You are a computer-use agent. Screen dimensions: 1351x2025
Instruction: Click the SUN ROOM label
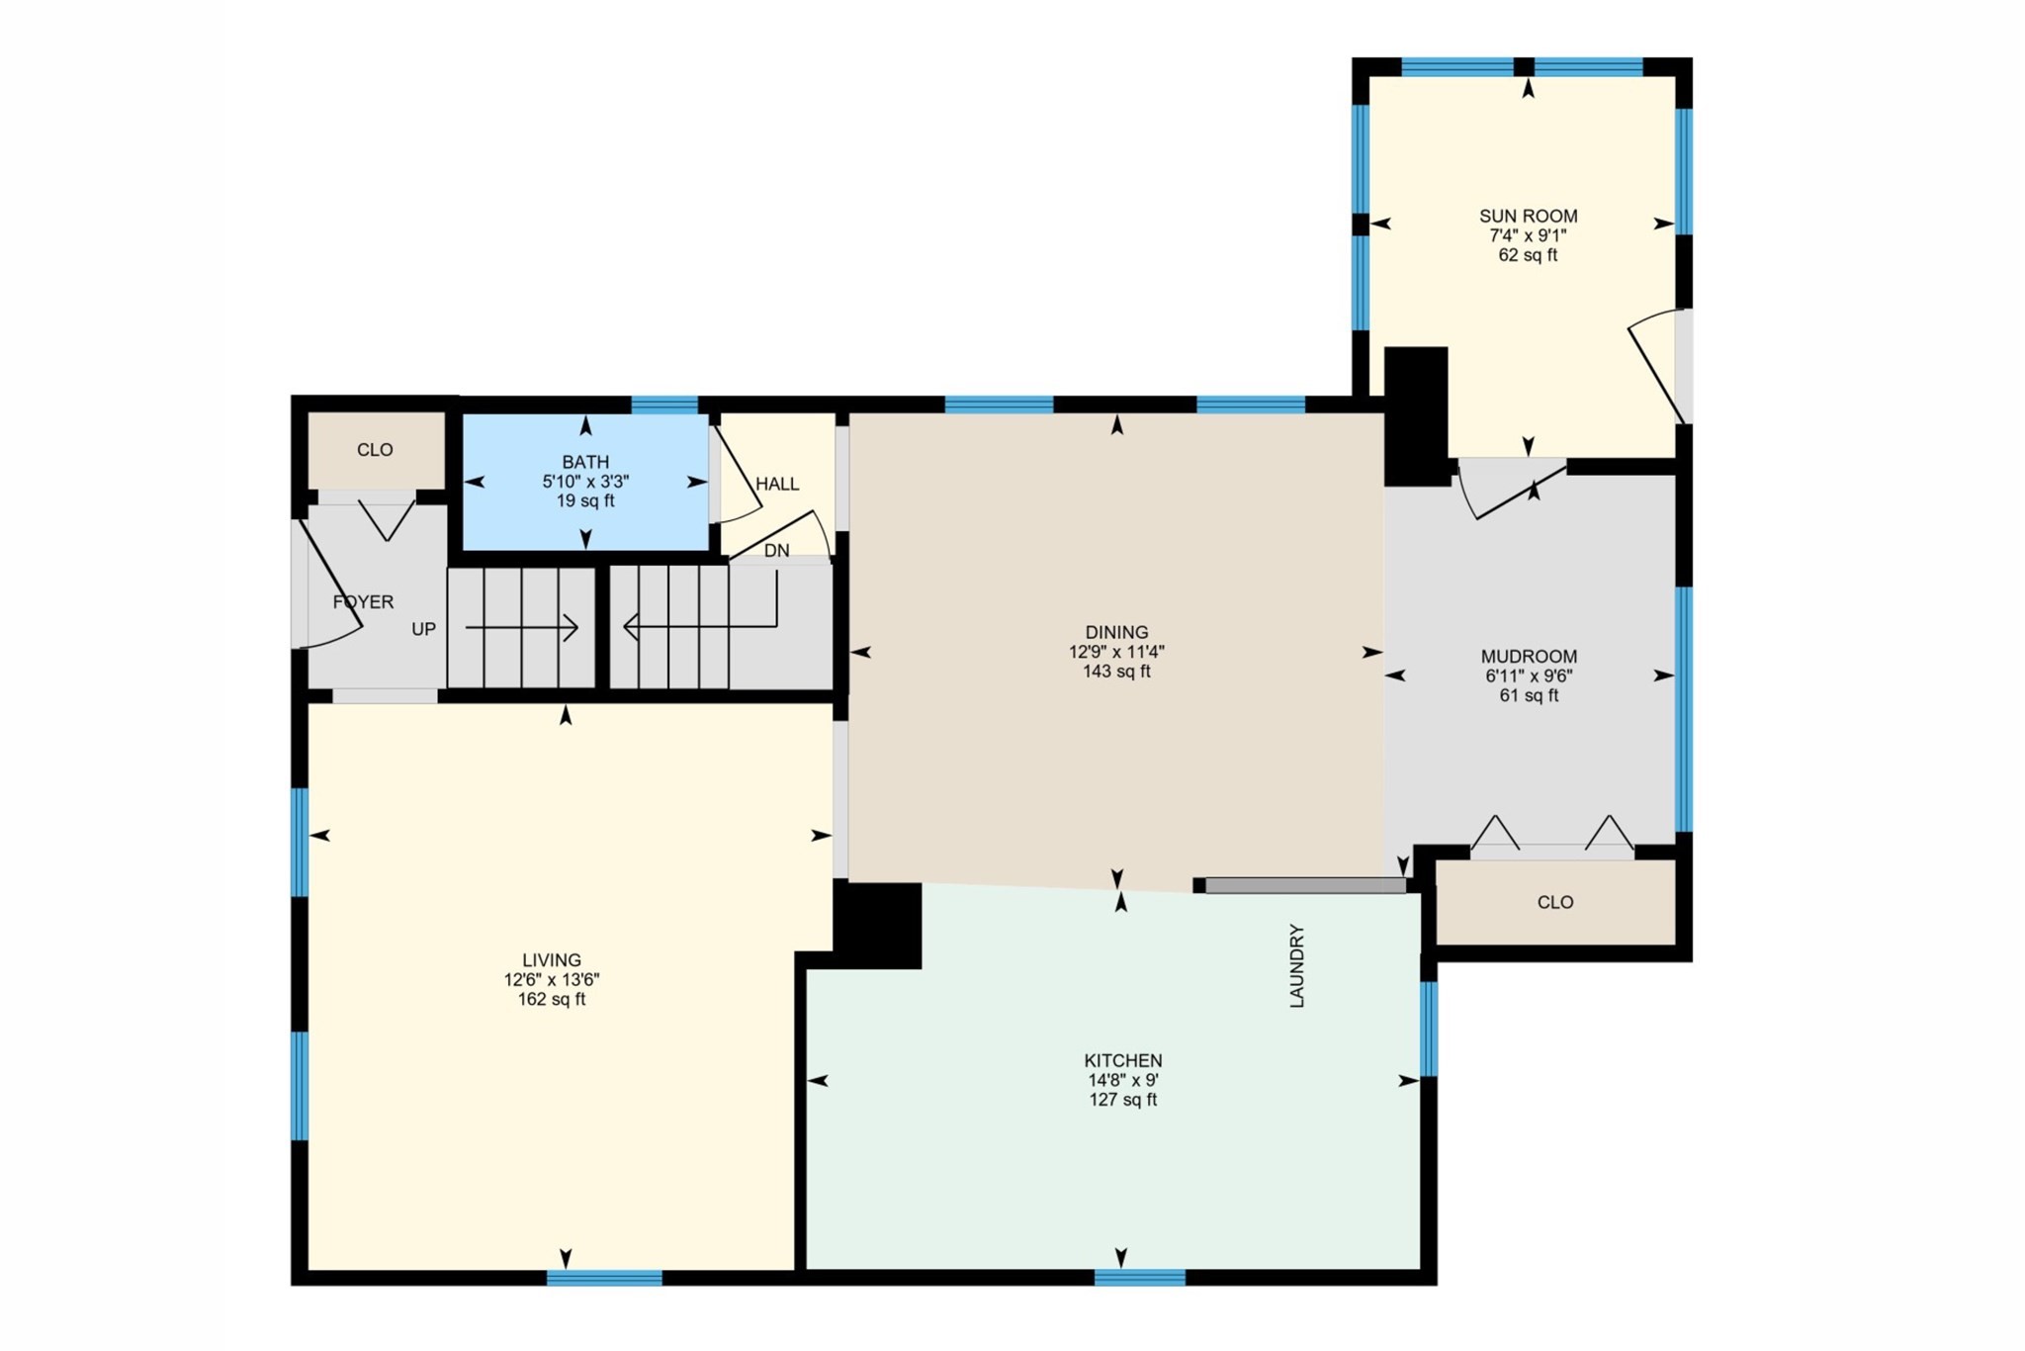[x=1528, y=216]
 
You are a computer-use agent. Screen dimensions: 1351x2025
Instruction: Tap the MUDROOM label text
[x=1529, y=656]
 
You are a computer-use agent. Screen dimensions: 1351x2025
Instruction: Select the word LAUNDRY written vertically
[x=1297, y=966]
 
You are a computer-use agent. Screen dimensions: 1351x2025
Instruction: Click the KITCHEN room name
[x=1122, y=1060]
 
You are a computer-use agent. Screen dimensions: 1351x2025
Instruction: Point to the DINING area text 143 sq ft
[x=1116, y=672]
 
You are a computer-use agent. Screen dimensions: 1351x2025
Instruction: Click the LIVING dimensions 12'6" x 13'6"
[x=551, y=980]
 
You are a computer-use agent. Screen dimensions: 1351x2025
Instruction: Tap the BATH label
[x=585, y=462]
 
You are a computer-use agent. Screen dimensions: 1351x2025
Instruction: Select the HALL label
[x=777, y=484]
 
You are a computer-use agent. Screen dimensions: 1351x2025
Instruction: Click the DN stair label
[x=776, y=551]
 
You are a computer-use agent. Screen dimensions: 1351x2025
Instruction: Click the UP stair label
[x=423, y=629]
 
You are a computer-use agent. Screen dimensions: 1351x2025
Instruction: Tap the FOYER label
[x=363, y=601]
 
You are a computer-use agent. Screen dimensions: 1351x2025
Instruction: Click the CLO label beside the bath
[x=375, y=450]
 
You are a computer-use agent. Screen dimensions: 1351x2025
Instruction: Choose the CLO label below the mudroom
[x=1555, y=902]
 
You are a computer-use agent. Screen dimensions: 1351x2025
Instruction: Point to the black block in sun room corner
[x=1415, y=415]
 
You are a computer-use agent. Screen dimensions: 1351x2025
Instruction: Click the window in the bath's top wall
[x=664, y=405]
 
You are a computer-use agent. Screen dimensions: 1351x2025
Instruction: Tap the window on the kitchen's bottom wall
[x=1139, y=1278]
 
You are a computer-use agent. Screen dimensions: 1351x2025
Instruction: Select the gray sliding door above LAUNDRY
[x=1304, y=885]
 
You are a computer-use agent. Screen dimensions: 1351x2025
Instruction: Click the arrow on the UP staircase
[x=522, y=628]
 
